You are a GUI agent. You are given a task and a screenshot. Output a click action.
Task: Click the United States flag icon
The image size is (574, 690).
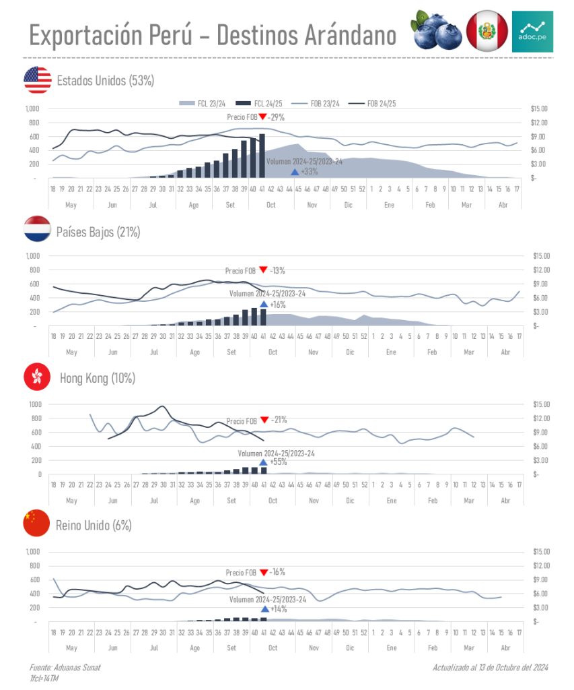37,80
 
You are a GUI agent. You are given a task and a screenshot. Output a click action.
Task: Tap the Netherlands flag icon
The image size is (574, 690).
37,230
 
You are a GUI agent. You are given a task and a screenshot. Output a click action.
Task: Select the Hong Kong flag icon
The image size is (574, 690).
37,377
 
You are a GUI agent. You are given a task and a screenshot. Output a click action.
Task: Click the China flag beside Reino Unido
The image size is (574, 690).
37,524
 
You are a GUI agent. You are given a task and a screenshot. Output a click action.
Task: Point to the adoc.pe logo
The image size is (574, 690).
532,31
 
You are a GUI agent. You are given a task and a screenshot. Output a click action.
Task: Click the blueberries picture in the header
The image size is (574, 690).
436,30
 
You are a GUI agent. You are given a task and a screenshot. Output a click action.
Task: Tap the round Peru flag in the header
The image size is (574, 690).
487,31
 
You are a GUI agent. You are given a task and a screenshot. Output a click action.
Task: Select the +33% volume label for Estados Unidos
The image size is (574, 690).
310,172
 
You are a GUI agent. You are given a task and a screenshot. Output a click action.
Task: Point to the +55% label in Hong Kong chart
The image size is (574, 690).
278,462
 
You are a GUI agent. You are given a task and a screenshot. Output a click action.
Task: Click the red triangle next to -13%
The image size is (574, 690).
262,270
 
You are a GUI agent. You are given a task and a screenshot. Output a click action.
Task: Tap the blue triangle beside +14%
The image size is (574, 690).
264,608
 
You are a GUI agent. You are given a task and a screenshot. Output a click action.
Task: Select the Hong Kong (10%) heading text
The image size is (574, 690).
98,378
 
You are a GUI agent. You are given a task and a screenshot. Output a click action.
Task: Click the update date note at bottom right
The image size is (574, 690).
491,668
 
